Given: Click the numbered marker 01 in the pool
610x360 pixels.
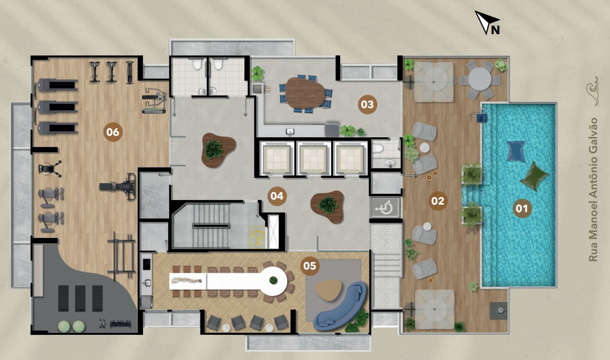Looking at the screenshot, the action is [x=522, y=209].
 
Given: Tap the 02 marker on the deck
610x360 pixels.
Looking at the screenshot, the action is [x=438, y=201].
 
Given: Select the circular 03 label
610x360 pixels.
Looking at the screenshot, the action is [x=367, y=104].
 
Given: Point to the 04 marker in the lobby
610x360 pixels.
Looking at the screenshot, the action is [x=277, y=196].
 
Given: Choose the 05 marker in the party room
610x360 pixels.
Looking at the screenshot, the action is [x=310, y=265].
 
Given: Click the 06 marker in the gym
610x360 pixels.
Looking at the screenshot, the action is [x=113, y=132].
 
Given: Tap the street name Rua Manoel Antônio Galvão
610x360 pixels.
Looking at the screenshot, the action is [x=593, y=190].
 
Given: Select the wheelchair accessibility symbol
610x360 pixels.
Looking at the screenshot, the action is [x=384, y=208].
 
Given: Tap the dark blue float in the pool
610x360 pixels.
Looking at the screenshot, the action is [x=516, y=151].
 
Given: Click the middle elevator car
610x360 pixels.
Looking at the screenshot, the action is [x=313, y=158].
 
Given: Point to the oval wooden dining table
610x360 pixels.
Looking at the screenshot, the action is [x=304, y=93].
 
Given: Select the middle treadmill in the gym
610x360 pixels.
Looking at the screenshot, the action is [x=57, y=107].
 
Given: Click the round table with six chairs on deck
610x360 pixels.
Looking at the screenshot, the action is [x=480, y=80].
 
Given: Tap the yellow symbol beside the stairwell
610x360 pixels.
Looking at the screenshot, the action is [x=257, y=238].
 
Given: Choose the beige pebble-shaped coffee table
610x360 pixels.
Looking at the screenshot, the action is [x=328, y=290].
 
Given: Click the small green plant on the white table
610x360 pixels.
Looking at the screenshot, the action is [x=273, y=280].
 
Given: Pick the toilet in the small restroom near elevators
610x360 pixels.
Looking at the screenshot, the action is [x=378, y=149].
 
